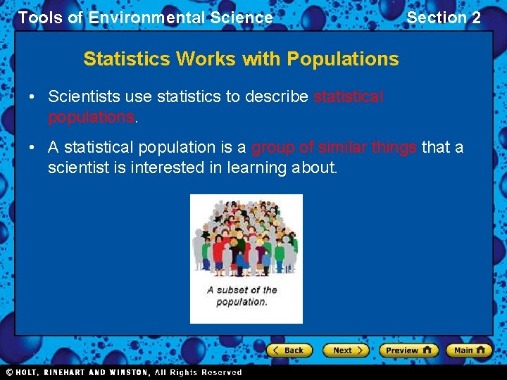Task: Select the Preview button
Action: coord(408,350)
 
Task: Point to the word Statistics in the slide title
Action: coord(127,59)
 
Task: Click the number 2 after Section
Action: coord(476,18)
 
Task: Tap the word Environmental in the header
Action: coord(181,18)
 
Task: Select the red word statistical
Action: coord(348,97)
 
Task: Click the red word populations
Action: coord(90,117)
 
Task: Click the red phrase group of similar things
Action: coord(334,147)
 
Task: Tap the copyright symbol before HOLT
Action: coord(10,372)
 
